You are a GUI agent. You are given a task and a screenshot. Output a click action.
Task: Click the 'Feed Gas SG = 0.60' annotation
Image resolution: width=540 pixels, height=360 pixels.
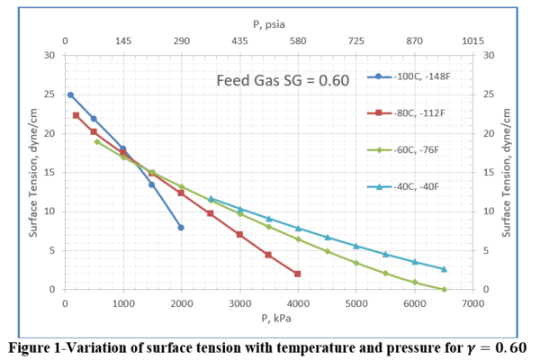[x=282, y=81]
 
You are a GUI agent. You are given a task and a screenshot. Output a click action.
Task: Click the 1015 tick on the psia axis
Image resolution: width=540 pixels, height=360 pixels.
[x=472, y=41]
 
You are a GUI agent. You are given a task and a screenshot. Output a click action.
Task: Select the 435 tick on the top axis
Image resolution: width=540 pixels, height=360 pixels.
[x=240, y=41]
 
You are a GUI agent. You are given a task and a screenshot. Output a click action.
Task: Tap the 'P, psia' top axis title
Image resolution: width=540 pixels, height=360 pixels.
[x=268, y=24]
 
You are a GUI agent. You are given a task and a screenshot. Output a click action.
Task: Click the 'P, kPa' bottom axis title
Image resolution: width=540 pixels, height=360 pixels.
[x=268, y=318]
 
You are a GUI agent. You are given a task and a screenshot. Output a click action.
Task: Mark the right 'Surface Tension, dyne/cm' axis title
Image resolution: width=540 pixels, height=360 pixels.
[x=507, y=172]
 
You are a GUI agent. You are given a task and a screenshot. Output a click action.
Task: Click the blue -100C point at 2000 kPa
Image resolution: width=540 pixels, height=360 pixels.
[x=181, y=228]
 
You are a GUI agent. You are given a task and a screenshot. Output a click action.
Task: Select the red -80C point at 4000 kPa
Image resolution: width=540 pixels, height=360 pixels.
[x=298, y=274]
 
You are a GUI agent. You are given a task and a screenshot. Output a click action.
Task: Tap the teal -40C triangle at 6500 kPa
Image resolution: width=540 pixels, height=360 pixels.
[x=444, y=269]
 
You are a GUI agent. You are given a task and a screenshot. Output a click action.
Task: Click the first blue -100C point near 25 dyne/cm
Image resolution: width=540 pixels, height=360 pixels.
[x=70, y=94]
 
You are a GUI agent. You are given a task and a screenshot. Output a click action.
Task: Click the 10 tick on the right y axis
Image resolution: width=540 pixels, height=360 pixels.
[x=488, y=211]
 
